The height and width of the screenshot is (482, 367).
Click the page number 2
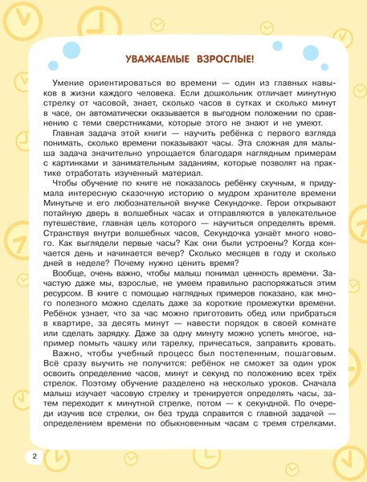tap(13, 456)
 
